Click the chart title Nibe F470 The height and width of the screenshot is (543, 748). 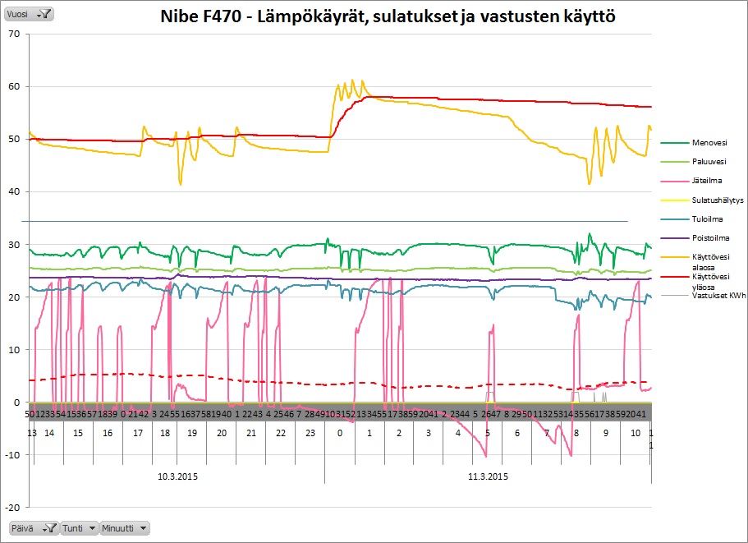pos(388,16)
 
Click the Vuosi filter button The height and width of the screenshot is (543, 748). pos(30,13)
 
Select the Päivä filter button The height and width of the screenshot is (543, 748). pos(33,528)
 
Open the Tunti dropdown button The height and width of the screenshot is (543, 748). pos(80,528)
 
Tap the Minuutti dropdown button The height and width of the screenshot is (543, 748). pos(125,528)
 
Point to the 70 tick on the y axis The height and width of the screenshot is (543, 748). pos(14,34)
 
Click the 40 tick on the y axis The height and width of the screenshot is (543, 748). pos(14,192)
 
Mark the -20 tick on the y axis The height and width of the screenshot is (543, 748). pos(12,508)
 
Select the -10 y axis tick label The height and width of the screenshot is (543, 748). pos(12,455)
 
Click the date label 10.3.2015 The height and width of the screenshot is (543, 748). pos(177,476)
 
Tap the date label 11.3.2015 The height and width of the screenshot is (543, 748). pos(488,476)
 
